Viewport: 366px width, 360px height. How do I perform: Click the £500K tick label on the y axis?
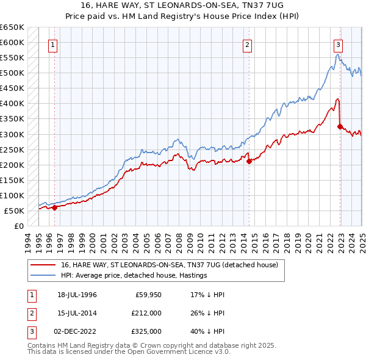(x=12, y=73)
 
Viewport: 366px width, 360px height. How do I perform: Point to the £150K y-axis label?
(x=12, y=180)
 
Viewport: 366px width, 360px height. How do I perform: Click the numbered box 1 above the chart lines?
(x=54, y=45)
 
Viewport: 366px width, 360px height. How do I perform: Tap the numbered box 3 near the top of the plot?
(x=338, y=45)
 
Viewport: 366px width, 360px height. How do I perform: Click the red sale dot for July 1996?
(x=54, y=207)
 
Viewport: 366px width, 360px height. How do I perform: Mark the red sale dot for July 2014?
(x=249, y=161)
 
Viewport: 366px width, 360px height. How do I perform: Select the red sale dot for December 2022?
(x=340, y=126)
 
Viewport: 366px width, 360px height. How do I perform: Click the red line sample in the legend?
(x=43, y=265)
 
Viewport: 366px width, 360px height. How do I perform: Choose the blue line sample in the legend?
(x=43, y=275)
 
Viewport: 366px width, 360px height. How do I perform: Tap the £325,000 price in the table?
(x=147, y=332)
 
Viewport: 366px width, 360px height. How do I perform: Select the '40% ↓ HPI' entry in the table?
(x=207, y=332)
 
